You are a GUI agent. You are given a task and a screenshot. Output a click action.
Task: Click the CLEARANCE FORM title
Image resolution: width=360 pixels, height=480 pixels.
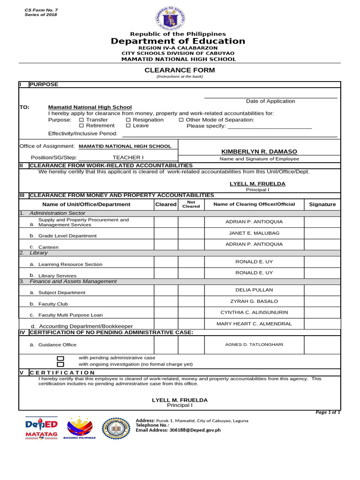180,70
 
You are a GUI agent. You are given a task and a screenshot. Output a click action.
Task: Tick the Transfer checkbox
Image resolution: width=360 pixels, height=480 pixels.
82,120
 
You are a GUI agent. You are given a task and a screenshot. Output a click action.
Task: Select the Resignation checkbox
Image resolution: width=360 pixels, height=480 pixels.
128,120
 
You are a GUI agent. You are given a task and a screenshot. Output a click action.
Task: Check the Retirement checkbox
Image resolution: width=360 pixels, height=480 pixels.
82,126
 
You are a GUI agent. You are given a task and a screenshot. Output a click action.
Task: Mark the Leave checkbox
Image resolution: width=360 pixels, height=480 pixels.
128,126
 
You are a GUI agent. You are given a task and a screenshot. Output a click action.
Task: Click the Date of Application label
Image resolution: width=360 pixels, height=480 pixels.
270,101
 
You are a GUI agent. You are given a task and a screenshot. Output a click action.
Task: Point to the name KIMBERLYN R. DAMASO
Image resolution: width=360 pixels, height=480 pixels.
259,151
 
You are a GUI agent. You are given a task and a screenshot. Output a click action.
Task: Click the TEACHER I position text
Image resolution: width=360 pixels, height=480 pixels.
128,157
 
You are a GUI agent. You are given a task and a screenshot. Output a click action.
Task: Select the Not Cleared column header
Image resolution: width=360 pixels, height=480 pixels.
191,204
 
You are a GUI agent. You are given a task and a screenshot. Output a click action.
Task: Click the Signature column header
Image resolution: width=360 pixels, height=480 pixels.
322,204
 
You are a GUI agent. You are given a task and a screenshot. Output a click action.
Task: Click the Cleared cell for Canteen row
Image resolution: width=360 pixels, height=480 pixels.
166,244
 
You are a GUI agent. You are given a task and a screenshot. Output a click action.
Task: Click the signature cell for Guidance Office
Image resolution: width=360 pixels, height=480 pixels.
322,345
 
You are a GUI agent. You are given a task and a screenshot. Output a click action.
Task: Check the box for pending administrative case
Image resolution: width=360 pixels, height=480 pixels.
60,358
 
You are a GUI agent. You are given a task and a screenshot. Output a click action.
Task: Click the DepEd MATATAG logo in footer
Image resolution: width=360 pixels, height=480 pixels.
41,427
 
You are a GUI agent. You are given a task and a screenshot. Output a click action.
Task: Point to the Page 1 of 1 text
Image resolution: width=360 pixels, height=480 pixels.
328,412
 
